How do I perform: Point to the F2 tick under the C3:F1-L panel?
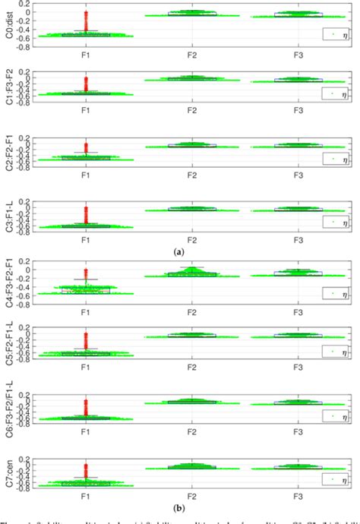click(191, 239)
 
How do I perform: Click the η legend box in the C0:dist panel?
click(331, 34)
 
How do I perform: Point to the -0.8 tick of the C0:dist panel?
click(26, 47)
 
